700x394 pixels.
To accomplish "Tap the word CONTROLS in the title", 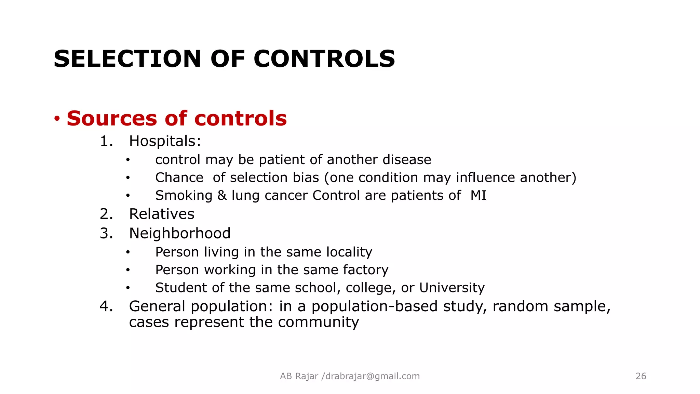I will pos(324,59).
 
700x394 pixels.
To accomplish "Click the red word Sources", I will pos(112,118).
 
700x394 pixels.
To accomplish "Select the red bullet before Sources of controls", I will pos(57,119).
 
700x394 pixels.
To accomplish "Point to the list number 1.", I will pos(106,141).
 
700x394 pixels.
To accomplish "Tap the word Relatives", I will pos(162,214).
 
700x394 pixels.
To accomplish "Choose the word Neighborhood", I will pos(180,233).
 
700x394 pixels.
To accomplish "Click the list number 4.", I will pos(106,306).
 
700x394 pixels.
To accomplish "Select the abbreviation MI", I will pos(478,195).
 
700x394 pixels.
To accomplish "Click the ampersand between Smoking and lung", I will pos(222,195).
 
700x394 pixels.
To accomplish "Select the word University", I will pos(452,288).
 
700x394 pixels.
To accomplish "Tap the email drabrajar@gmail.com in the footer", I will pos(373,376).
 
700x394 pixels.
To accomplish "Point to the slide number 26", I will pos(641,376).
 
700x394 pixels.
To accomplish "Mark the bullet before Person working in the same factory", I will pos(128,270).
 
